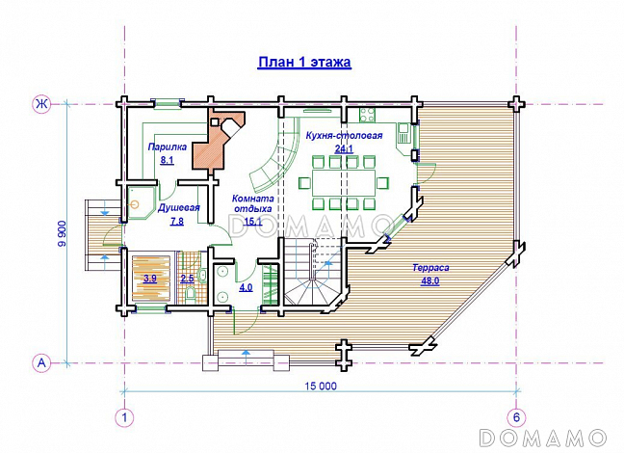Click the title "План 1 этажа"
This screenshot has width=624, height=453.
304,62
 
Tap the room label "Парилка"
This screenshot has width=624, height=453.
168,147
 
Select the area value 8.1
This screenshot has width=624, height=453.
168,161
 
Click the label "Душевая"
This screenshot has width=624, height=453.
179,208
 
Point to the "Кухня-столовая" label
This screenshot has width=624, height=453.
344,136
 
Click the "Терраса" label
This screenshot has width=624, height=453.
430,268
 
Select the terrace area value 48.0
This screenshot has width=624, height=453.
430,280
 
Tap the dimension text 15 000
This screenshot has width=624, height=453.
321,386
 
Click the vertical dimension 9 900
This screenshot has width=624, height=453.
63,233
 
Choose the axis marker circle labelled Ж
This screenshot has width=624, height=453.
40,104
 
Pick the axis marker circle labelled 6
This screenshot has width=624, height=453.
516,418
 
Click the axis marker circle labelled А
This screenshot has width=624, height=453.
41,363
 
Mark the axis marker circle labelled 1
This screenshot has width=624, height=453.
124,418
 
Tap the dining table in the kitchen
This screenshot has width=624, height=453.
344,182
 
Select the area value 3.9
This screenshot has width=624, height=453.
150,279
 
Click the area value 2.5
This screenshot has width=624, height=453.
188,279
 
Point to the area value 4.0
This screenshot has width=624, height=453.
246,287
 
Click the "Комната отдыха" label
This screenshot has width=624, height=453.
253,203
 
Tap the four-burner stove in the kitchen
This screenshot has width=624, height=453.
368,115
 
